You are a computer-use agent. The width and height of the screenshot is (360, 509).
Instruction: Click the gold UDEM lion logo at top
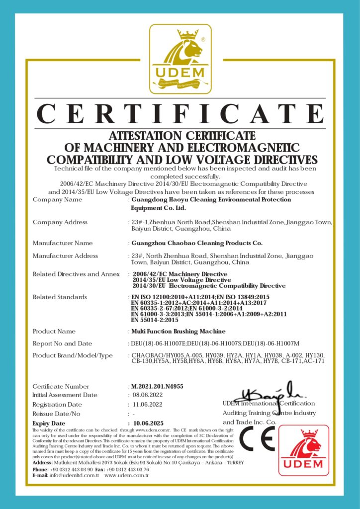pos(180,59)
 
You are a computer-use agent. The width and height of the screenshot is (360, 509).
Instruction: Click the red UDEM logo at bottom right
pos(303,450)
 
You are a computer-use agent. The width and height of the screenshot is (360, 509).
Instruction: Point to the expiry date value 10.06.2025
pos(149,423)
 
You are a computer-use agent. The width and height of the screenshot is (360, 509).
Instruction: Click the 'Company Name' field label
pos(57,200)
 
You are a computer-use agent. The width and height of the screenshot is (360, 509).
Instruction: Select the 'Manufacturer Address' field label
pos(65,256)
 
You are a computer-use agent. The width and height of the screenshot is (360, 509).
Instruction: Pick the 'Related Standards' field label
pos(60,297)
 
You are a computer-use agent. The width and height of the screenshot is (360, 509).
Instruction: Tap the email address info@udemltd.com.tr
pos(74,475)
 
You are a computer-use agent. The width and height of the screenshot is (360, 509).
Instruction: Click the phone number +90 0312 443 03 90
pos(71,469)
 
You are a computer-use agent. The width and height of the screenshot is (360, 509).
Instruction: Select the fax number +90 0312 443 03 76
pos(127,469)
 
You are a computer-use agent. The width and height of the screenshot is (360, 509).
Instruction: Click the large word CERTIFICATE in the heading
pos(180,114)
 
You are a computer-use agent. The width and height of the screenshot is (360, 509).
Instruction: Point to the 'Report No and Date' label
pos(62,343)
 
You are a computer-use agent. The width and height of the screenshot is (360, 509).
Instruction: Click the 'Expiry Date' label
pos(49,423)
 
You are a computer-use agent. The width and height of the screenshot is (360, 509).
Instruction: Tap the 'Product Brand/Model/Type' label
pos(73,355)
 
